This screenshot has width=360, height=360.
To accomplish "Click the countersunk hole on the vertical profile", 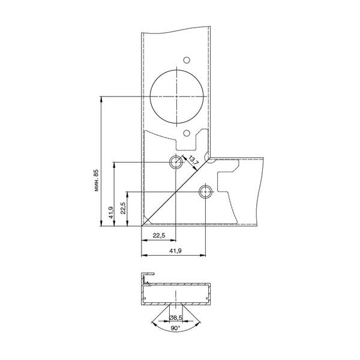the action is pos(176,162).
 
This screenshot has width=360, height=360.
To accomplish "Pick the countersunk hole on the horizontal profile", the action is pos(205,192).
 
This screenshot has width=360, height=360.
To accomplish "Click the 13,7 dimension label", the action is pos(193,160).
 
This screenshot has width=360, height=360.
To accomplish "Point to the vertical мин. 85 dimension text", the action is pos(96,180).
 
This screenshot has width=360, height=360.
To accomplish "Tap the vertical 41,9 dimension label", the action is pos(111,212).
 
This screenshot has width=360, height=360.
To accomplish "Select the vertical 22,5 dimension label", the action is pos(123,208).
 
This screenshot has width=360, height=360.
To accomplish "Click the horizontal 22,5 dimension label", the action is pos(159,236).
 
